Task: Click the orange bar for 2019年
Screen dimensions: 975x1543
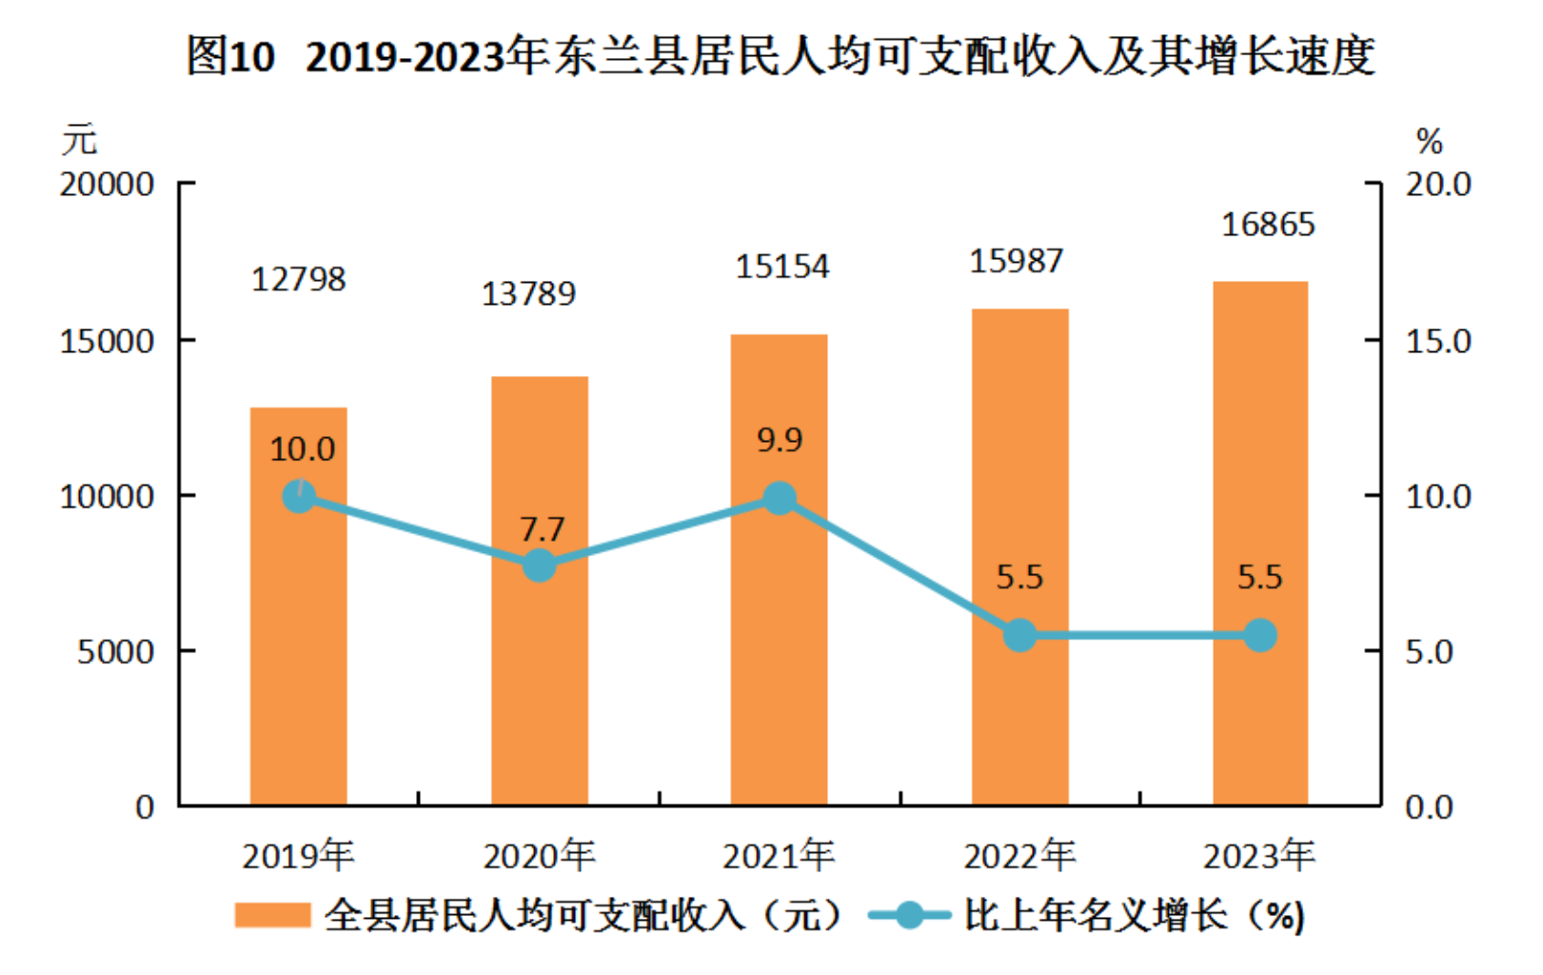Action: click(x=298, y=647)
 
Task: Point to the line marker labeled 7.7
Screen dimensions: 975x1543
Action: click(x=540, y=565)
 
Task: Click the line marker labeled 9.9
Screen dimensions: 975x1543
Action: click(x=780, y=498)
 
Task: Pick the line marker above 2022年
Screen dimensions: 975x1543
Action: click(x=1019, y=635)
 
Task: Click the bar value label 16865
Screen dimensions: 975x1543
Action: click(x=1268, y=225)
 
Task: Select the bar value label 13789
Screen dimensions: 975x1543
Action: click(x=528, y=293)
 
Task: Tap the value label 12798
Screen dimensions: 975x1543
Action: click(x=298, y=279)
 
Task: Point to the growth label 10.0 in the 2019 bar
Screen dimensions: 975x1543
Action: click(x=302, y=448)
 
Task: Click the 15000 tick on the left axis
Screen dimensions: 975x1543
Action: click(x=107, y=341)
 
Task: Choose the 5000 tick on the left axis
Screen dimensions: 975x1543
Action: click(x=115, y=652)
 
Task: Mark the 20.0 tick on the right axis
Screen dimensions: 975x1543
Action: click(x=1438, y=184)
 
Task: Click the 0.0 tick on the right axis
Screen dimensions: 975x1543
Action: click(x=1429, y=807)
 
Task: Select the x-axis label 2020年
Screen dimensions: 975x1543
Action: click(x=539, y=856)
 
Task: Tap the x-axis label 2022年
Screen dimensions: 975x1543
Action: click(x=1019, y=856)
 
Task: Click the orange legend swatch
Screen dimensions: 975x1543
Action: click(x=272, y=915)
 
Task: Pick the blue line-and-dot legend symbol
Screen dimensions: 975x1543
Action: click(x=909, y=915)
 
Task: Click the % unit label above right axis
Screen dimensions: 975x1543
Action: click(x=1429, y=142)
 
